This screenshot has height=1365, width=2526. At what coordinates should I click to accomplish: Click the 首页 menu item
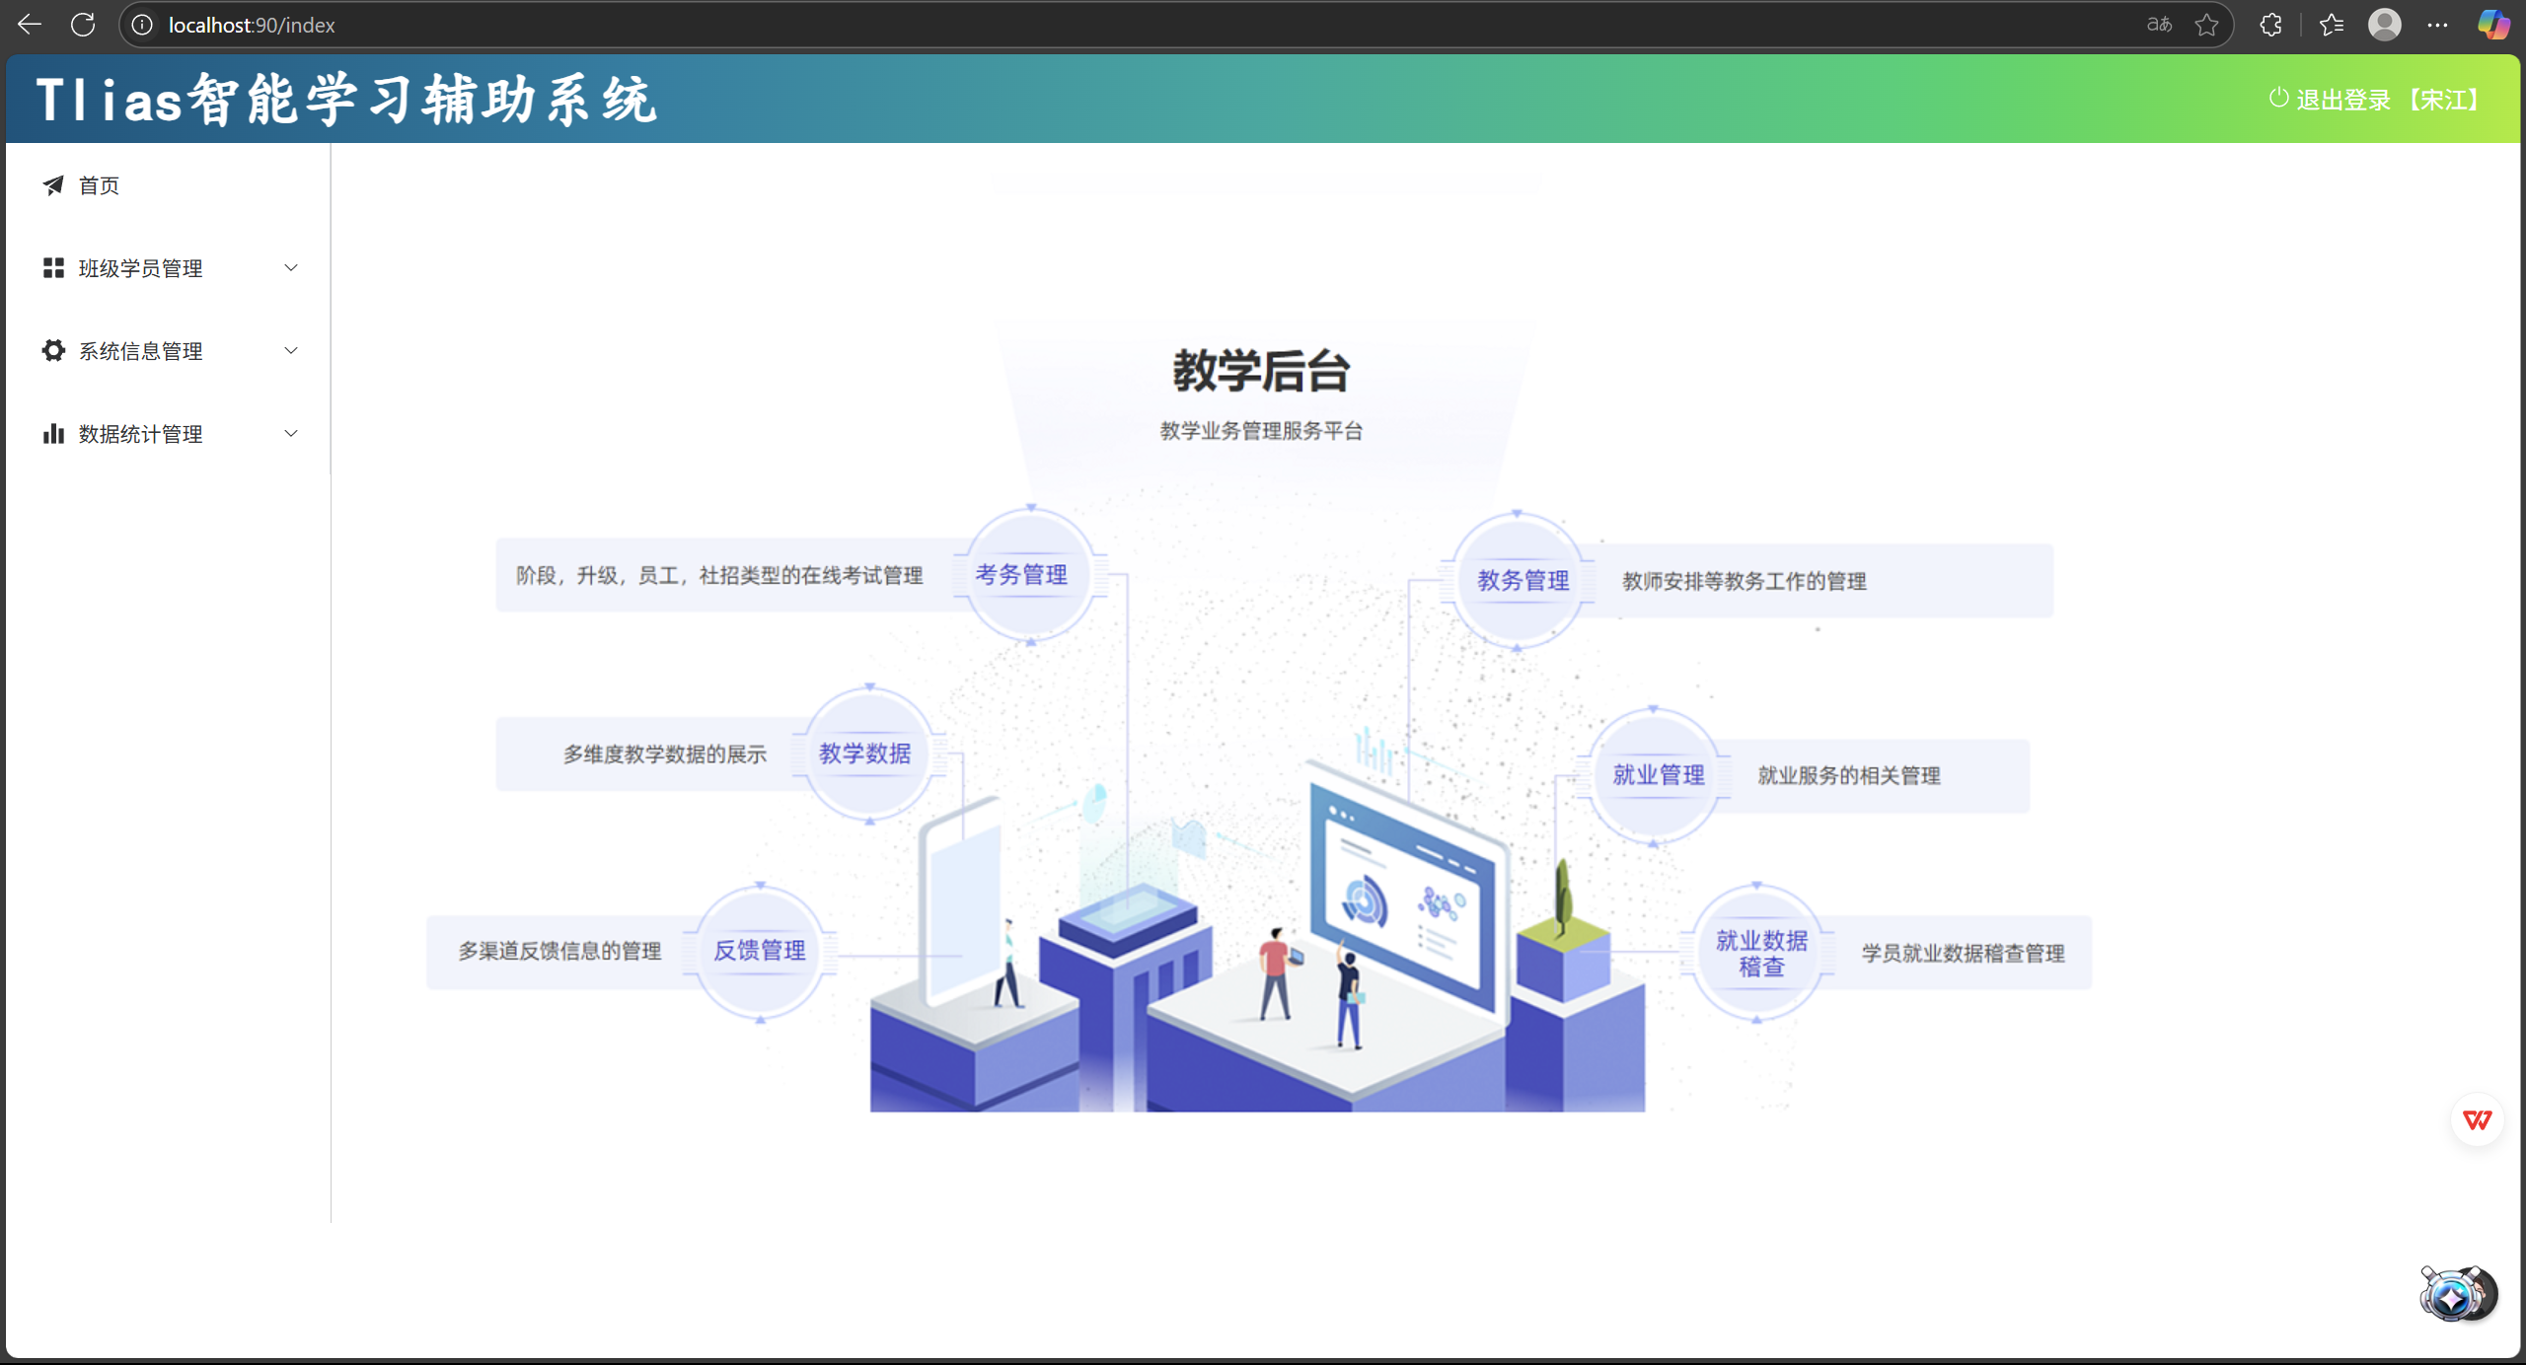pyautogui.click(x=98, y=185)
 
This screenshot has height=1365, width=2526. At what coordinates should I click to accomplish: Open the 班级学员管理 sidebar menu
pyautogui.click(x=140, y=268)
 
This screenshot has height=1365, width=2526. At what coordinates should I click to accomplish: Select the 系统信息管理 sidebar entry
pyautogui.click(x=140, y=351)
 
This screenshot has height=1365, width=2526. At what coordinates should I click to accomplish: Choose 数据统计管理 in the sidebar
pyautogui.click(x=140, y=434)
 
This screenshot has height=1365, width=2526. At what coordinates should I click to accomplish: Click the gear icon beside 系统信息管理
pyautogui.click(x=53, y=350)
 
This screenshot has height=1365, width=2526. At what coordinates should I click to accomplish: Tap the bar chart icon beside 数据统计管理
pyautogui.click(x=53, y=433)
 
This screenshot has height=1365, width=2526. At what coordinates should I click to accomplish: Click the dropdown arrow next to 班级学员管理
pyautogui.click(x=291, y=268)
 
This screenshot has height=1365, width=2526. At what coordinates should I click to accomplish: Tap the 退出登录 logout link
pyautogui.click(x=2342, y=100)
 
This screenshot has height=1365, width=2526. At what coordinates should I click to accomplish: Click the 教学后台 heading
pyautogui.click(x=1261, y=372)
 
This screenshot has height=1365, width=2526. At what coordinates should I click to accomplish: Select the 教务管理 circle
pyautogui.click(x=1521, y=581)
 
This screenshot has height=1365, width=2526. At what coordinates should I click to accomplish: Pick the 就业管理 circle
pyautogui.click(x=1656, y=775)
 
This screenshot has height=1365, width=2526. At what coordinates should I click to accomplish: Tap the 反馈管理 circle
pyautogui.click(x=760, y=951)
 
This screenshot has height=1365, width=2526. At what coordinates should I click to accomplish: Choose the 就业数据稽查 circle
pyautogui.click(x=1759, y=953)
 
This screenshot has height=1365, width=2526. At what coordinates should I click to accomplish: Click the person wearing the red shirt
pyautogui.click(x=1275, y=971)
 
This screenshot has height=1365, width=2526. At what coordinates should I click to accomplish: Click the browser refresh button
pyautogui.click(x=83, y=25)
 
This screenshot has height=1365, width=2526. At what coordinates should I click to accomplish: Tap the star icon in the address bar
pyautogui.click(x=2206, y=25)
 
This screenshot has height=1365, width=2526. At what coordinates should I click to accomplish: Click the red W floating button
pyautogui.click(x=2477, y=1119)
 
